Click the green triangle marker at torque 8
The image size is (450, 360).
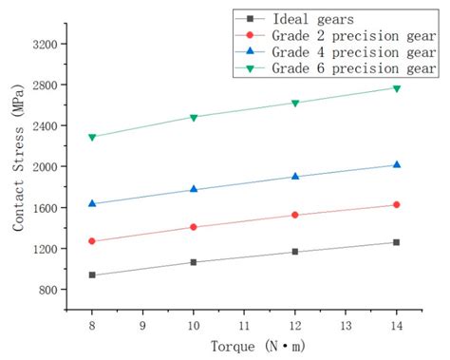coord(92,137)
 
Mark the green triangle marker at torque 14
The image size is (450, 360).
coord(396,88)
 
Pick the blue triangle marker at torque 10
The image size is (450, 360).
coord(194,189)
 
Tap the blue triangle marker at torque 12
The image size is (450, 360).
coord(295,176)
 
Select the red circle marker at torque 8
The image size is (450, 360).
coord(92,241)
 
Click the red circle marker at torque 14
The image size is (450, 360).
coord(396,204)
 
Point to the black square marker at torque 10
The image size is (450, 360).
coord(194,262)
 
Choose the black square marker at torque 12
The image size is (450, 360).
coord(295,252)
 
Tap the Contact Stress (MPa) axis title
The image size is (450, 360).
coord(18,166)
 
